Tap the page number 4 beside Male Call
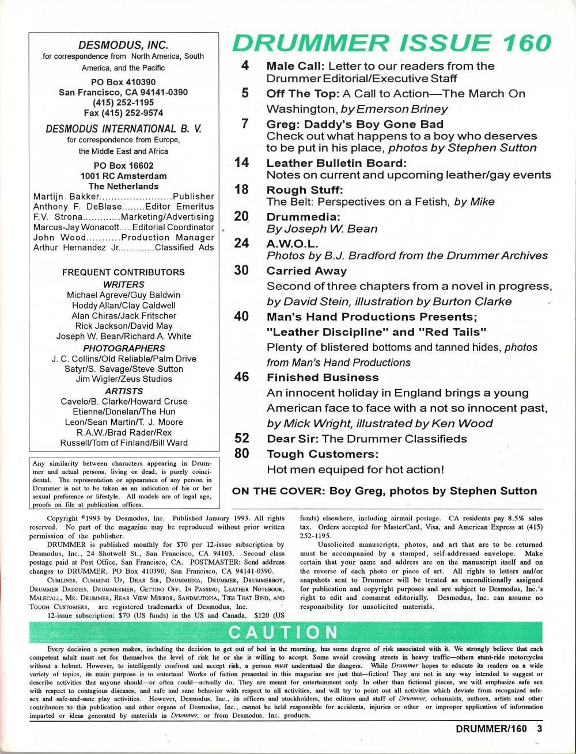(x=245, y=65)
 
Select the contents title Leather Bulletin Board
(x=336, y=162)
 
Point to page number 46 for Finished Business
(x=242, y=378)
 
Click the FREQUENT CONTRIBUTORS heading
(x=123, y=272)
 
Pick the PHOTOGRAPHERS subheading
(x=123, y=348)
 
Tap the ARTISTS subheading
(x=123, y=391)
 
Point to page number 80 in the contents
(x=242, y=454)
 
